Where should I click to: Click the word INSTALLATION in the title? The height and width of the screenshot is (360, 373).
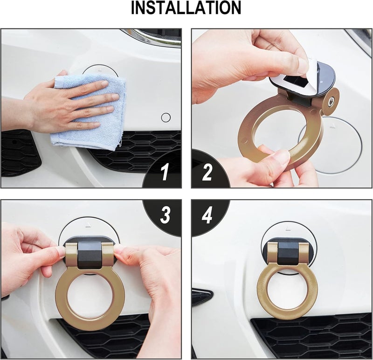pos(186,8)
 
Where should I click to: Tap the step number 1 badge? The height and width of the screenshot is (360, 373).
pos(165,173)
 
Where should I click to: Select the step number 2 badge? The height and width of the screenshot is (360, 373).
pos(207,173)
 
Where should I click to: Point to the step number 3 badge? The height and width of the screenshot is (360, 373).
pos(165,215)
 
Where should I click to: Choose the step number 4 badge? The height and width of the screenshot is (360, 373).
pos(208,215)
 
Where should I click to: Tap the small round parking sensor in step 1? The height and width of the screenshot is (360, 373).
pos(166,118)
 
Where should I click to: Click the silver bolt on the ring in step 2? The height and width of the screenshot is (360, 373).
pos(331,100)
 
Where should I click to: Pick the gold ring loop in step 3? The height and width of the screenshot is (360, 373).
pos(61,298)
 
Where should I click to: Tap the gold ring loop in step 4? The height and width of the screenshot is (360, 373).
pos(261,294)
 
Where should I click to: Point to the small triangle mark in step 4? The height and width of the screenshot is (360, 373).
pos(288,229)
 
